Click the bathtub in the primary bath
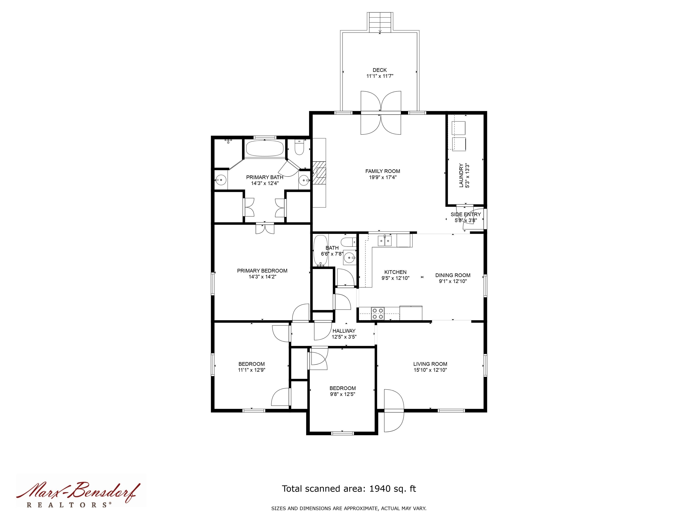(264, 148)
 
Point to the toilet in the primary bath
(299, 148)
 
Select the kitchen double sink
(385, 241)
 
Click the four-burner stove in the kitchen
(377, 314)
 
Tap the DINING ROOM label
(453, 275)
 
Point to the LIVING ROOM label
(430, 364)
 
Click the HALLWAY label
(344, 331)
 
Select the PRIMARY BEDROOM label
(262, 271)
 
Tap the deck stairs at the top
(380, 22)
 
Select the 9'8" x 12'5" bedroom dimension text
(342, 394)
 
